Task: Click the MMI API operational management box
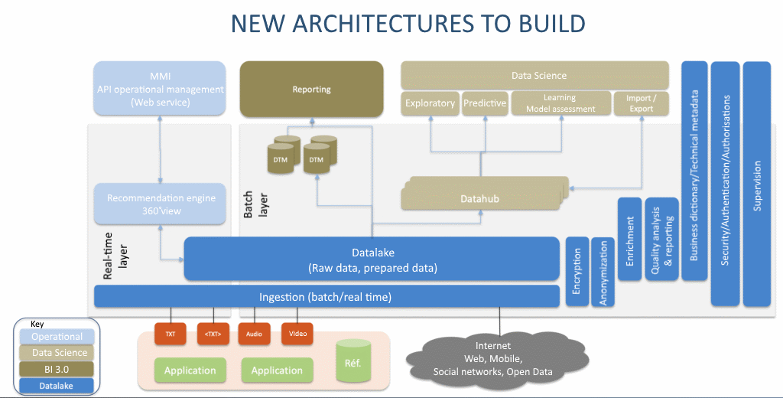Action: [161, 89]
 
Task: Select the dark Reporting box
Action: [311, 89]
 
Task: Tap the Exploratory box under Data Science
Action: [430, 103]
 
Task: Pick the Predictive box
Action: [485, 103]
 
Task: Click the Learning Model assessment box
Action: [560, 103]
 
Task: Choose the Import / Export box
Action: [641, 103]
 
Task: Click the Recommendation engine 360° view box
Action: [161, 204]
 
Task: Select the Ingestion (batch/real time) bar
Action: [327, 297]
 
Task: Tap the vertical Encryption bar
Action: [577, 272]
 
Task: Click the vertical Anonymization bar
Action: [603, 272]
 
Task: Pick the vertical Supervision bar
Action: [757, 184]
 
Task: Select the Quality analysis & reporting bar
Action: [661, 239]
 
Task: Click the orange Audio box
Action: [253, 333]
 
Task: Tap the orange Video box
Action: [297, 333]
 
